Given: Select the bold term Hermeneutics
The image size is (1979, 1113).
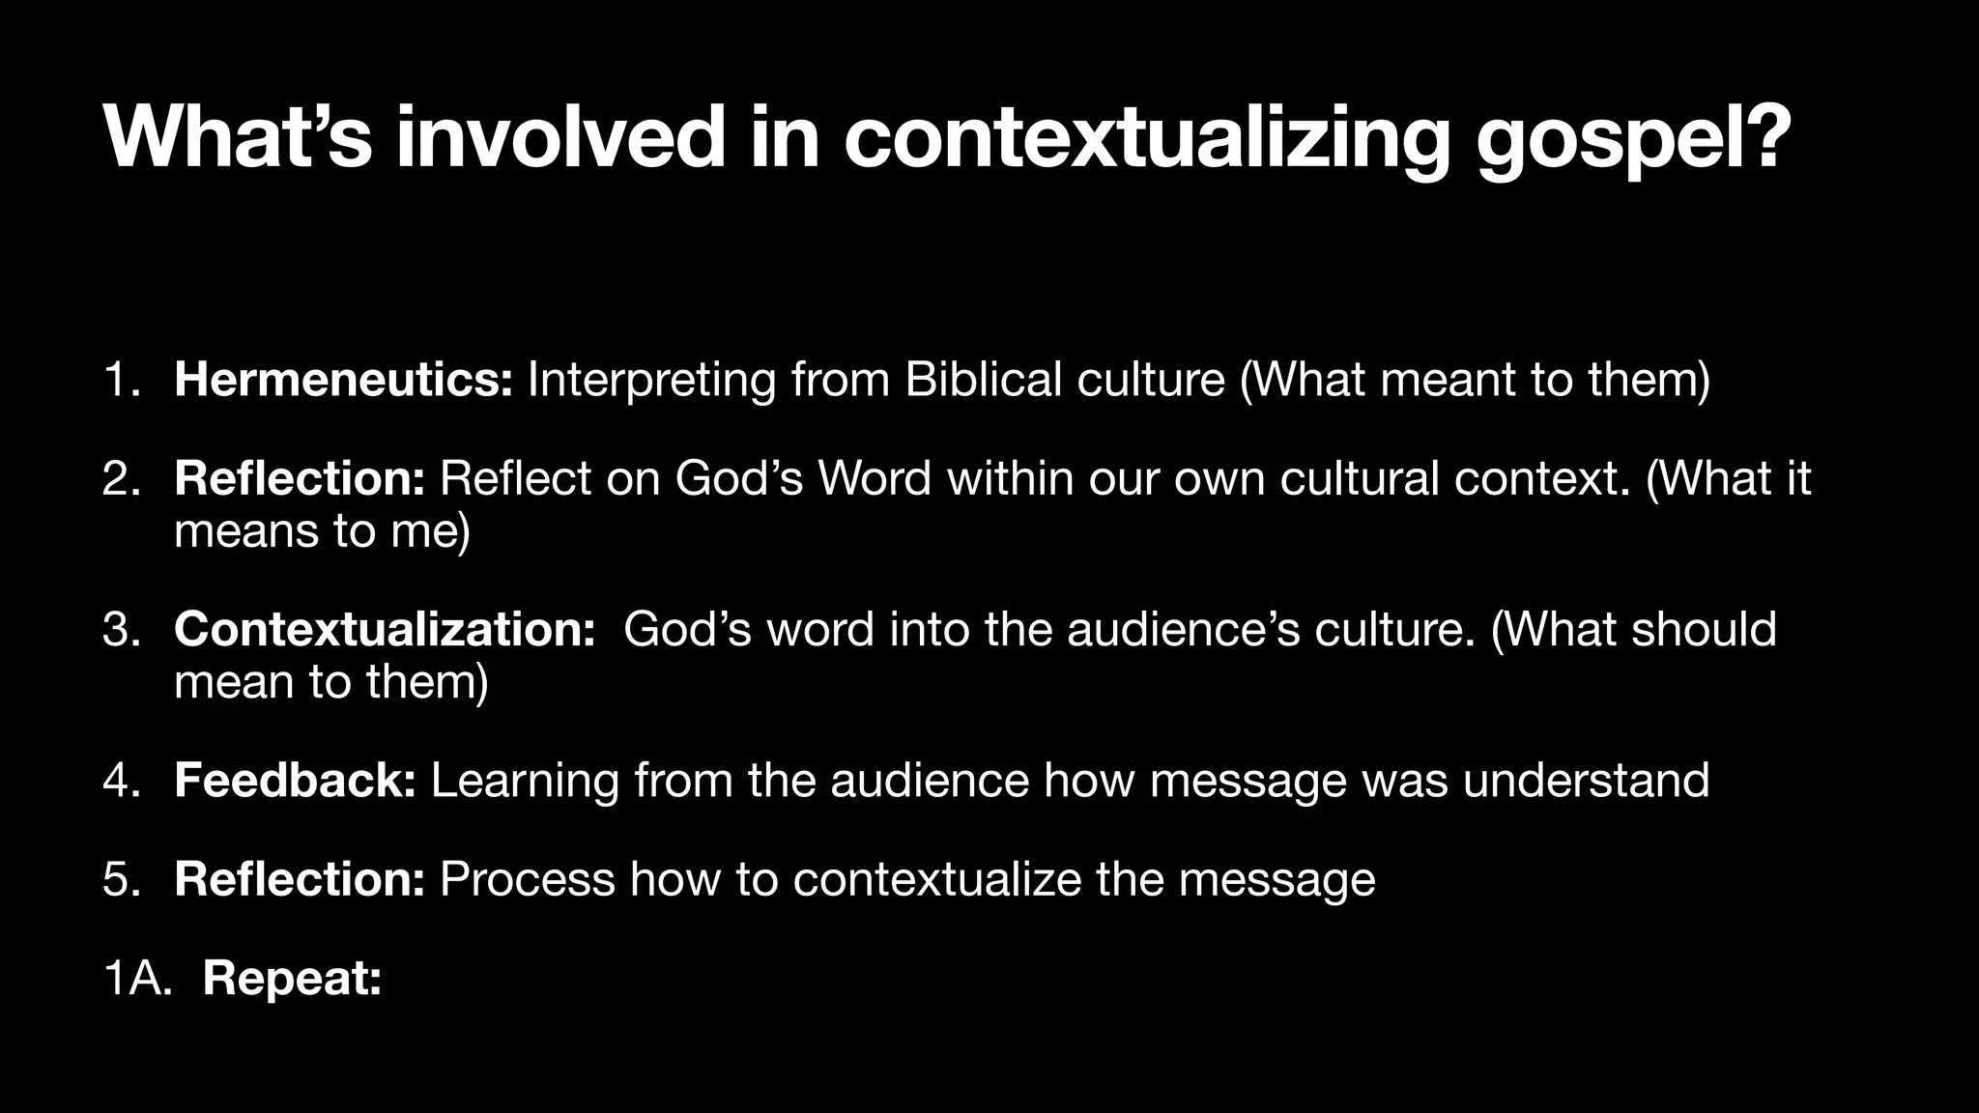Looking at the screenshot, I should pyautogui.click(x=343, y=379).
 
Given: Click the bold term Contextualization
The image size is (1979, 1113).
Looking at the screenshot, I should pyautogui.click(x=385, y=628).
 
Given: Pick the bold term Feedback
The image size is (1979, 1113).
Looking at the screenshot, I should pyautogui.click(x=295, y=780).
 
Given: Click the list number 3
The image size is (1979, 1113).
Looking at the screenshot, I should pyautogui.click(x=121, y=628).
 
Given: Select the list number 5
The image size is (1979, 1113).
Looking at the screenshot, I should pyautogui.click(x=121, y=878).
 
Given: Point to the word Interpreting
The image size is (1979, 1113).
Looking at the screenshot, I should pyautogui.click(x=651, y=379).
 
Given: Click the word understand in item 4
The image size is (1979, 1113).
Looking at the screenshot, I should pyautogui.click(x=1586, y=780).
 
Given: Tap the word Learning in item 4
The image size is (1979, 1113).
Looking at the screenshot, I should pyautogui.click(x=525, y=780).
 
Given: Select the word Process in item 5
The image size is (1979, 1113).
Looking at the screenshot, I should pyautogui.click(x=527, y=878).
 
